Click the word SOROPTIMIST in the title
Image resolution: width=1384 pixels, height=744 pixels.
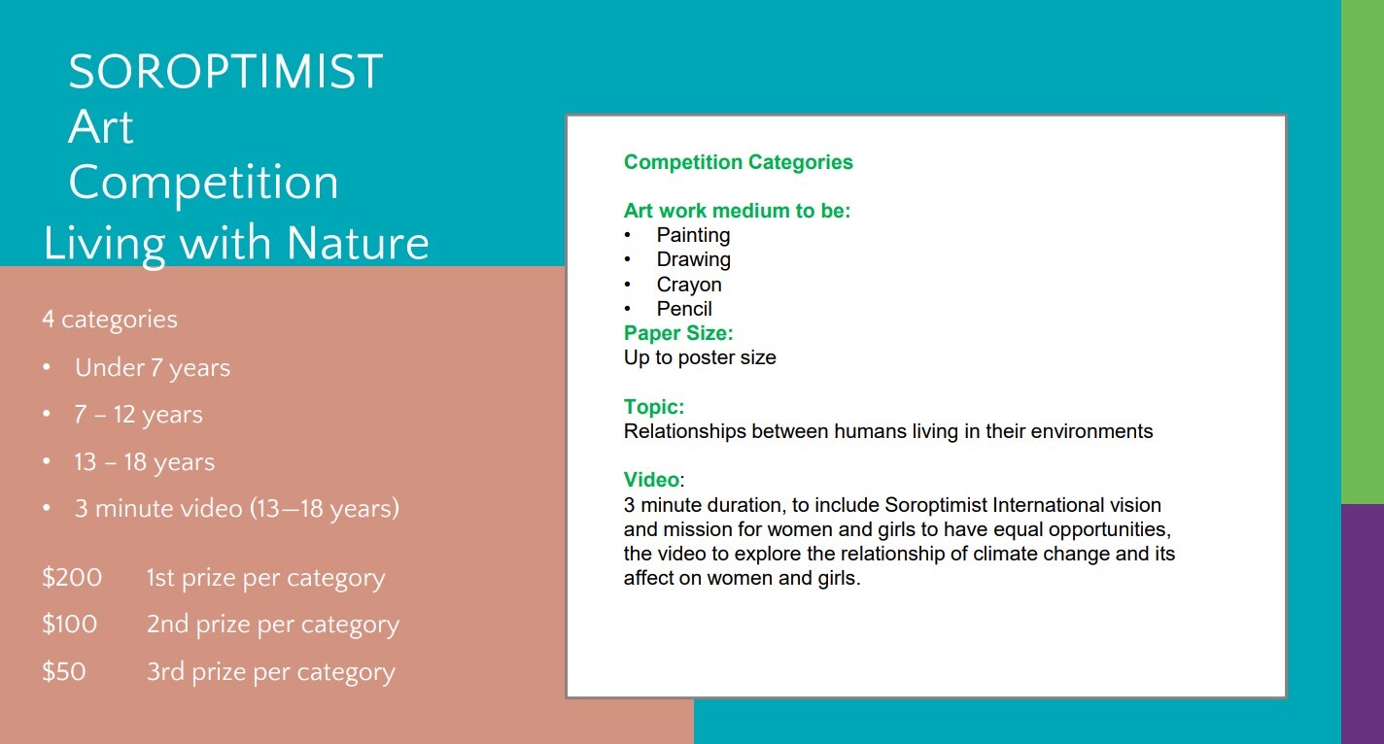click(x=225, y=72)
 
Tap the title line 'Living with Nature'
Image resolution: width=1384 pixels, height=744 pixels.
click(x=236, y=245)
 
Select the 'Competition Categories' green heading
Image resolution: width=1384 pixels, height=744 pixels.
click(x=739, y=162)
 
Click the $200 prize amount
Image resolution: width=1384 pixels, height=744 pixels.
click(x=72, y=577)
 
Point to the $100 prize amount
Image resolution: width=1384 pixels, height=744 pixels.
click(x=69, y=625)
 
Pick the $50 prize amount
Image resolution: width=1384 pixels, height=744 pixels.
click(x=63, y=672)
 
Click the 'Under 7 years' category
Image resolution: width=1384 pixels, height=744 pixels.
click(x=153, y=368)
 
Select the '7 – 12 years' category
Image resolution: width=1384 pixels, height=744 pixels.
click(x=138, y=415)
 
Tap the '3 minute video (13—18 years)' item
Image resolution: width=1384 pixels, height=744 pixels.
click(x=236, y=509)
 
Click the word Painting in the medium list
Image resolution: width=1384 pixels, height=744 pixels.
click(x=693, y=235)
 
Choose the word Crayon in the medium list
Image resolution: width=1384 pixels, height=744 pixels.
click(x=689, y=285)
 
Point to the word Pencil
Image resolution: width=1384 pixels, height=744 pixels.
click(x=684, y=309)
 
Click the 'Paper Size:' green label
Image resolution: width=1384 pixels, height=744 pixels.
click(x=678, y=333)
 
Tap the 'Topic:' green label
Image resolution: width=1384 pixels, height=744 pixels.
click(x=654, y=407)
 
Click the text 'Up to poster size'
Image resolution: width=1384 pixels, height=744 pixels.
click(x=700, y=357)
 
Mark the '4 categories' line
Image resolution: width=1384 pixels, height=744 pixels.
click(x=110, y=320)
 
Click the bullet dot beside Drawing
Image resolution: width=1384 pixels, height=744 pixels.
click(x=627, y=260)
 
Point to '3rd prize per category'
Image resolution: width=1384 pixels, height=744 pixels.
click(x=270, y=672)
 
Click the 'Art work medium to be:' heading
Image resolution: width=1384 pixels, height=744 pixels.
click(x=737, y=211)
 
